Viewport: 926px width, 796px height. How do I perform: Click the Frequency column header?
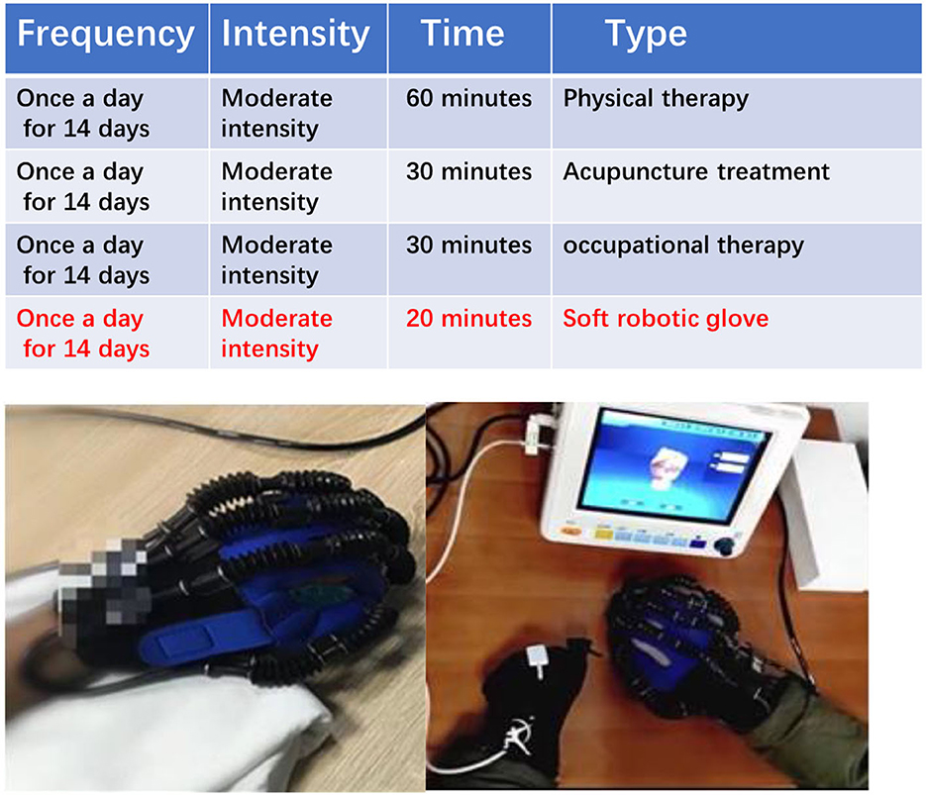pos(106,34)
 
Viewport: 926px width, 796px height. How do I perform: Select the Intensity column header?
pos(295,34)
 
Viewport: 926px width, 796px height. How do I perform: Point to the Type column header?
pos(646,35)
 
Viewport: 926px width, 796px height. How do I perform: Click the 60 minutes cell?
pos(468,98)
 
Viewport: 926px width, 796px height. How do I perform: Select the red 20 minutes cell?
pos(468,318)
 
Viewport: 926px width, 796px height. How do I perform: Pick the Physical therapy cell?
pos(656,99)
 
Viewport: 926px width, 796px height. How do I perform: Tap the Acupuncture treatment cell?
pos(696,172)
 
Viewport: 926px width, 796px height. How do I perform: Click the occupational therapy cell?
pos(683,247)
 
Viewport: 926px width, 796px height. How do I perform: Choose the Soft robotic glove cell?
pos(666,319)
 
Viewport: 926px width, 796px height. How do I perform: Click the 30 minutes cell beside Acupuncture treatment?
pos(468,172)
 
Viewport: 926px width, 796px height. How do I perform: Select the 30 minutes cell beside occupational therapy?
pos(468,246)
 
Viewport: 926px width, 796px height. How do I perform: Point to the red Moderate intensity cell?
pos(276,334)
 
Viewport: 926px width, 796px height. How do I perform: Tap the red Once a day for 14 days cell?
pos(82,334)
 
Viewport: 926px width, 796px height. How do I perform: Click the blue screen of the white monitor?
pos(673,466)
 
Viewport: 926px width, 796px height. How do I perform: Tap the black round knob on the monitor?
pos(724,546)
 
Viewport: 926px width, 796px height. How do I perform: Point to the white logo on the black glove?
pos(518,737)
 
